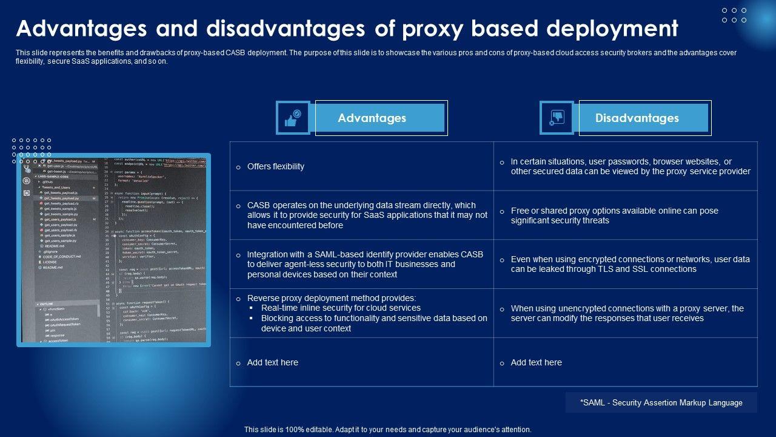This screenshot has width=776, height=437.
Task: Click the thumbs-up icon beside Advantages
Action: (293, 118)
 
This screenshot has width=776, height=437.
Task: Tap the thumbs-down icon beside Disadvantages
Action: (557, 118)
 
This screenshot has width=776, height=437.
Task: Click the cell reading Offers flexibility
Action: (276, 166)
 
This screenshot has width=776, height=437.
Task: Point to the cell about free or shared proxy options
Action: (614, 215)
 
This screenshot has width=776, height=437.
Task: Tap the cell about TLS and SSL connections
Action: (630, 264)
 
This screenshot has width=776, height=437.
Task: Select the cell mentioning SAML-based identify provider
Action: (365, 264)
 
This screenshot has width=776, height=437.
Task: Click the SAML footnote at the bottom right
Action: (661, 402)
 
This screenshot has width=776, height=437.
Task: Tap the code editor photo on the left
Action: (113, 249)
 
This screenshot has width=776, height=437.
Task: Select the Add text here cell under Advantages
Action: (273, 362)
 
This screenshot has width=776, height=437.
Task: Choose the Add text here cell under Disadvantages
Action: (537, 362)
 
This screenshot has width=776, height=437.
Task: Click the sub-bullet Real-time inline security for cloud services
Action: (341, 308)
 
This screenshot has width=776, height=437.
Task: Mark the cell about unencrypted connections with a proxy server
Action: (627, 313)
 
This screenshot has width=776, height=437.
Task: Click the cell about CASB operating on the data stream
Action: (367, 215)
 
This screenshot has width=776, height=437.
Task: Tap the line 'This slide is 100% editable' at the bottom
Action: (388, 429)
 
